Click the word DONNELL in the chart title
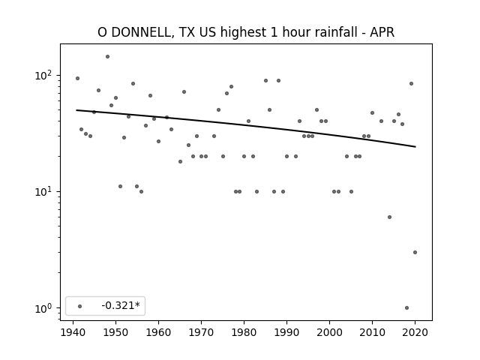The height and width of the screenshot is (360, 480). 142,32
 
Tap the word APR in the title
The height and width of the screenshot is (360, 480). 382,32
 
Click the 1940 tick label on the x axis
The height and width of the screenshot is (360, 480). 73,332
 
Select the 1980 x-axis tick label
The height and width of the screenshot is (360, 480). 244,332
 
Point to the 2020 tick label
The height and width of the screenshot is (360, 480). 415,332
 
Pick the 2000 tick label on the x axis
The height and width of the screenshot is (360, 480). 329,332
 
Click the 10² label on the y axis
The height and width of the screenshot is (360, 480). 43,75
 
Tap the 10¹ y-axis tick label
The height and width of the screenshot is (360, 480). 43,192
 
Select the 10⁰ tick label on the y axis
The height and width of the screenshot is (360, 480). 43,308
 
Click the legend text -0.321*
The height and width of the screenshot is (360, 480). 121,305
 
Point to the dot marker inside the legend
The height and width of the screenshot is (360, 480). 80,306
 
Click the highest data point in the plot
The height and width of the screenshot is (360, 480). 107,57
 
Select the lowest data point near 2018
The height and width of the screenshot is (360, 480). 406,308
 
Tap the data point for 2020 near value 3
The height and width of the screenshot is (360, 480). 415,252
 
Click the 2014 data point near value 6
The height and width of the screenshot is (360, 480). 389,217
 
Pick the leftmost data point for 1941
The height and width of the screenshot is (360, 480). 77,78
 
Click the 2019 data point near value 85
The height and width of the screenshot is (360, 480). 411,83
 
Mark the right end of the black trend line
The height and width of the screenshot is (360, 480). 415,147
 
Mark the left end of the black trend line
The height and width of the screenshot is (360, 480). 76,110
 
